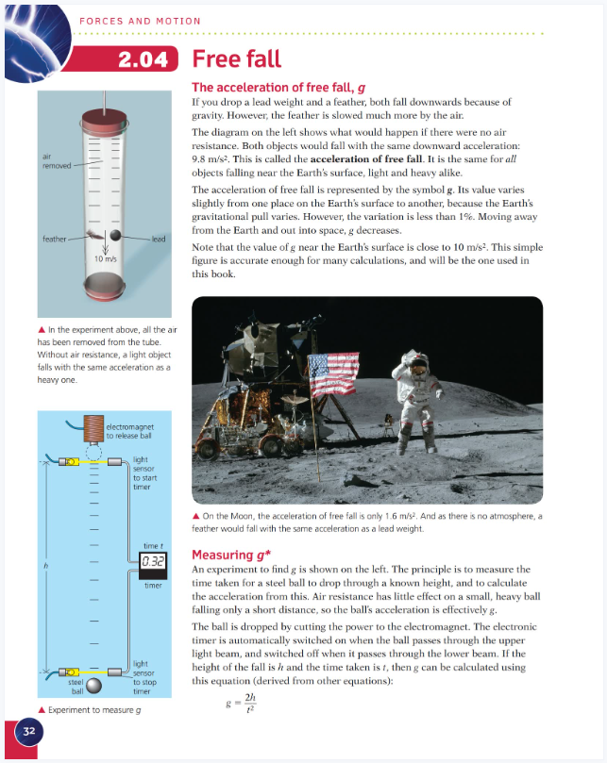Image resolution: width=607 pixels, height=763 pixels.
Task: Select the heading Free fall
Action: pos(236,58)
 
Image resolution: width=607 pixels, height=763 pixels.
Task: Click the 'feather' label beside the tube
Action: pos(53,240)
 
